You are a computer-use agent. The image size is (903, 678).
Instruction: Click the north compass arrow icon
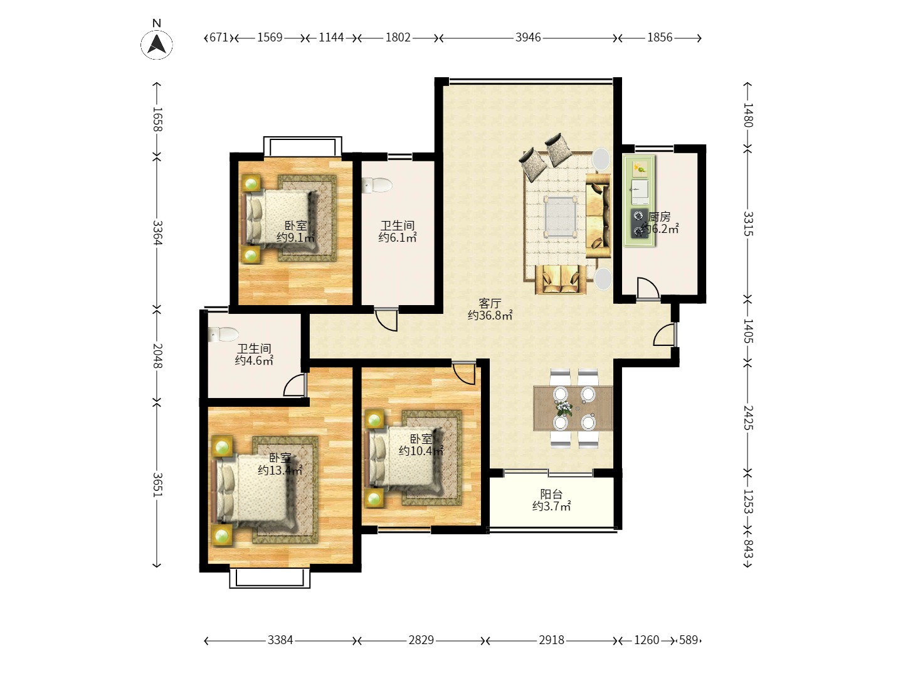click(x=157, y=44)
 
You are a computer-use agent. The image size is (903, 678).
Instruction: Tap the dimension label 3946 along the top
click(x=528, y=38)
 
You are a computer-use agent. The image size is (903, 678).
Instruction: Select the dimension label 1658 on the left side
click(x=157, y=119)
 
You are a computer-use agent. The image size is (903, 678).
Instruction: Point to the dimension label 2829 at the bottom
click(x=421, y=640)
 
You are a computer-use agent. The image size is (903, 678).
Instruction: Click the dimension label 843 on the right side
click(x=748, y=549)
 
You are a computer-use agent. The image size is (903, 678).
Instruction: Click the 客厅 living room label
click(x=490, y=303)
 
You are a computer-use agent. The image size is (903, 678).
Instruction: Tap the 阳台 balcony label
click(x=551, y=494)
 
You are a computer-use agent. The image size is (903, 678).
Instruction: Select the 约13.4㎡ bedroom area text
click(x=280, y=470)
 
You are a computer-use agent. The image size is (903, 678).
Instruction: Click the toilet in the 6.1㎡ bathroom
click(x=377, y=185)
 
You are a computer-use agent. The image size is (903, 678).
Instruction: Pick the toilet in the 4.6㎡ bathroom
click(x=223, y=334)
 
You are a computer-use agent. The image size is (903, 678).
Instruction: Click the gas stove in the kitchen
click(x=639, y=223)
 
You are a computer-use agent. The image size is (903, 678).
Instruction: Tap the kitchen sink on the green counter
click(x=640, y=191)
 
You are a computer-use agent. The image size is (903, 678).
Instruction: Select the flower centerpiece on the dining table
click(x=564, y=408)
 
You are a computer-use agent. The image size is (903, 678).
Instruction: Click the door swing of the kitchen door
click(x=649, y=288)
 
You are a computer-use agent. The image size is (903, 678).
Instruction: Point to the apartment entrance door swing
click(x=664, y=335)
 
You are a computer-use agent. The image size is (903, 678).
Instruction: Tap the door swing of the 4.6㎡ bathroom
click(x=295, y=384)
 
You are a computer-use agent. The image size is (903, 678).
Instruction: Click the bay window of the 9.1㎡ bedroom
click(x=302, y=146)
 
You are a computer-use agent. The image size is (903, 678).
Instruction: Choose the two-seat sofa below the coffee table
click(x=561, y=279)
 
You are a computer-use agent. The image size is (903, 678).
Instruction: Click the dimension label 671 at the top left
click(x=219, y=38)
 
